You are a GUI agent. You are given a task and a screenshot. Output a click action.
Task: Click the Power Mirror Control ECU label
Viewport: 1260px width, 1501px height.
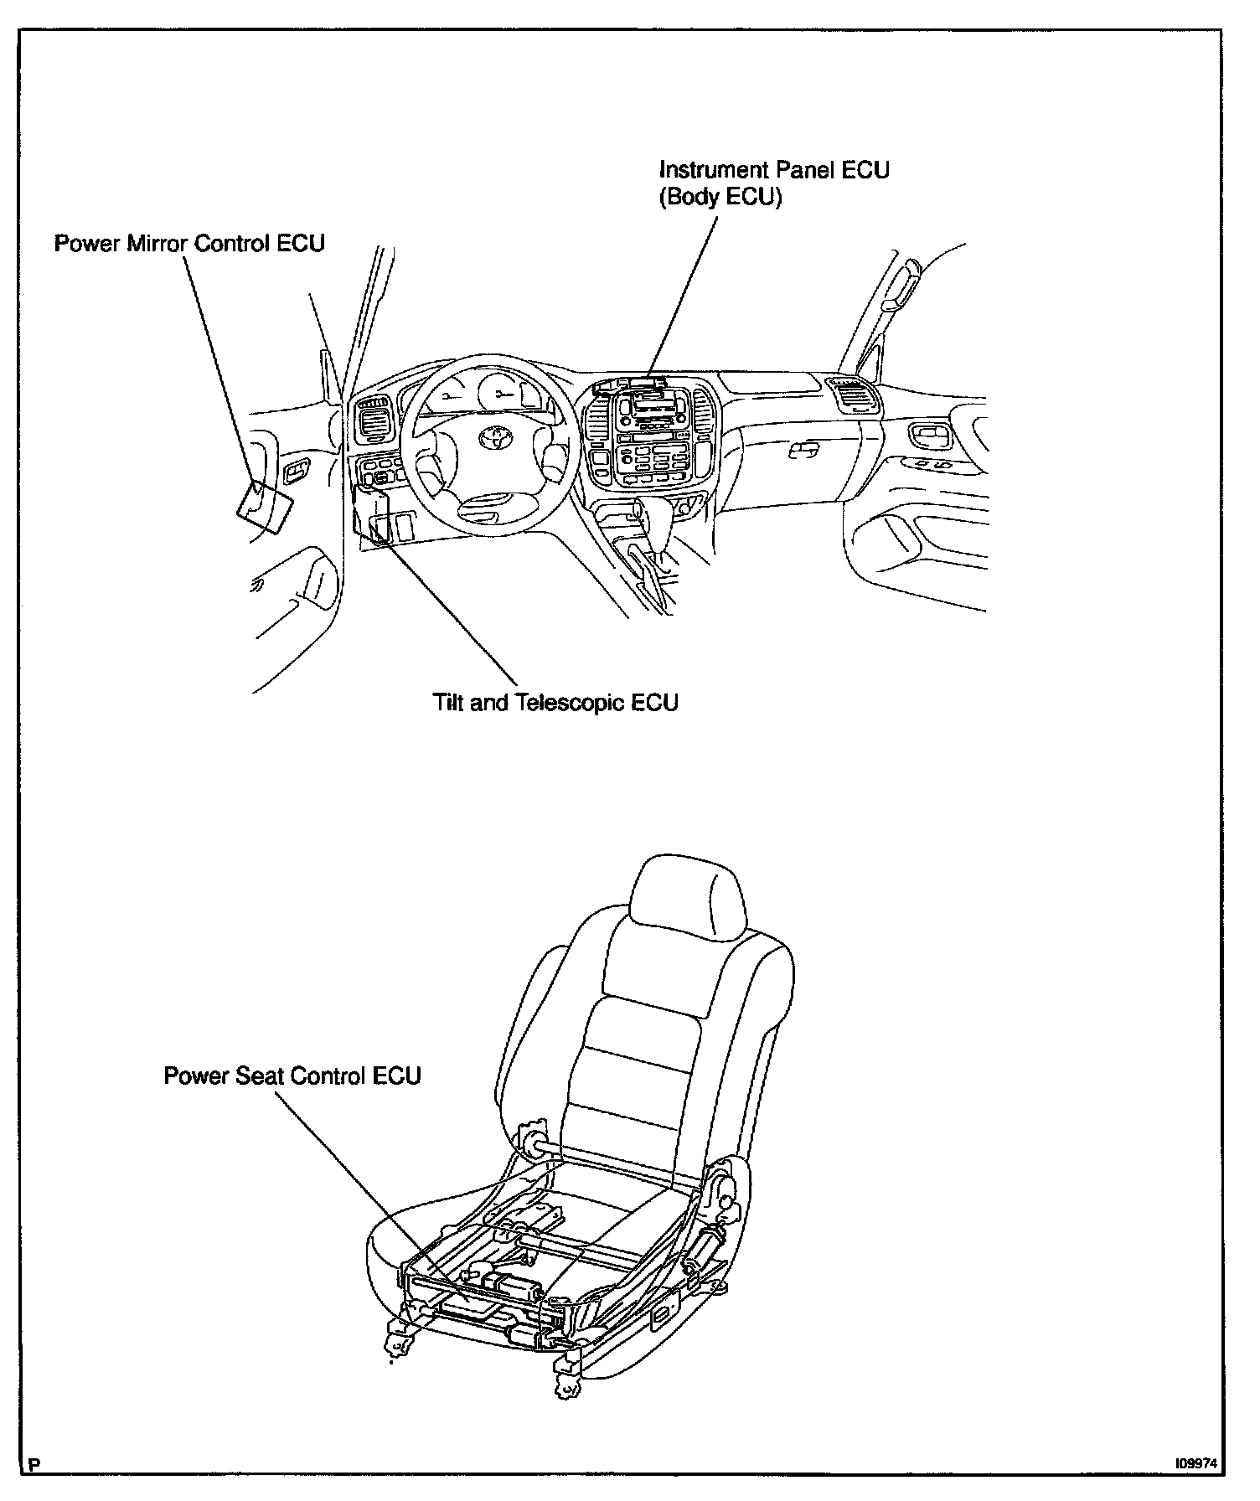coord(189,244)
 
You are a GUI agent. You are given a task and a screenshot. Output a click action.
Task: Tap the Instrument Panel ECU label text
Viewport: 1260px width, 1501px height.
coord(774,170)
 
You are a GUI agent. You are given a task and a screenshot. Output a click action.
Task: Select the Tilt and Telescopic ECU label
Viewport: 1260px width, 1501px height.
coord(555,702)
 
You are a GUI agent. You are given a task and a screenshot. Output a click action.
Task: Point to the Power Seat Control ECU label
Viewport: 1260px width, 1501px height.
coord(292,1075)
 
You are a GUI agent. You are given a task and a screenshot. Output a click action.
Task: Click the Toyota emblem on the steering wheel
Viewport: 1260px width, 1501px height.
coord(493,436)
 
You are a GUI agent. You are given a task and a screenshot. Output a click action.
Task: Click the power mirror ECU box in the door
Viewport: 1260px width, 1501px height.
coord(266,507)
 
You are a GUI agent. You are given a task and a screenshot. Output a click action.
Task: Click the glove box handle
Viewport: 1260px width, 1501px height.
coord(803,451)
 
